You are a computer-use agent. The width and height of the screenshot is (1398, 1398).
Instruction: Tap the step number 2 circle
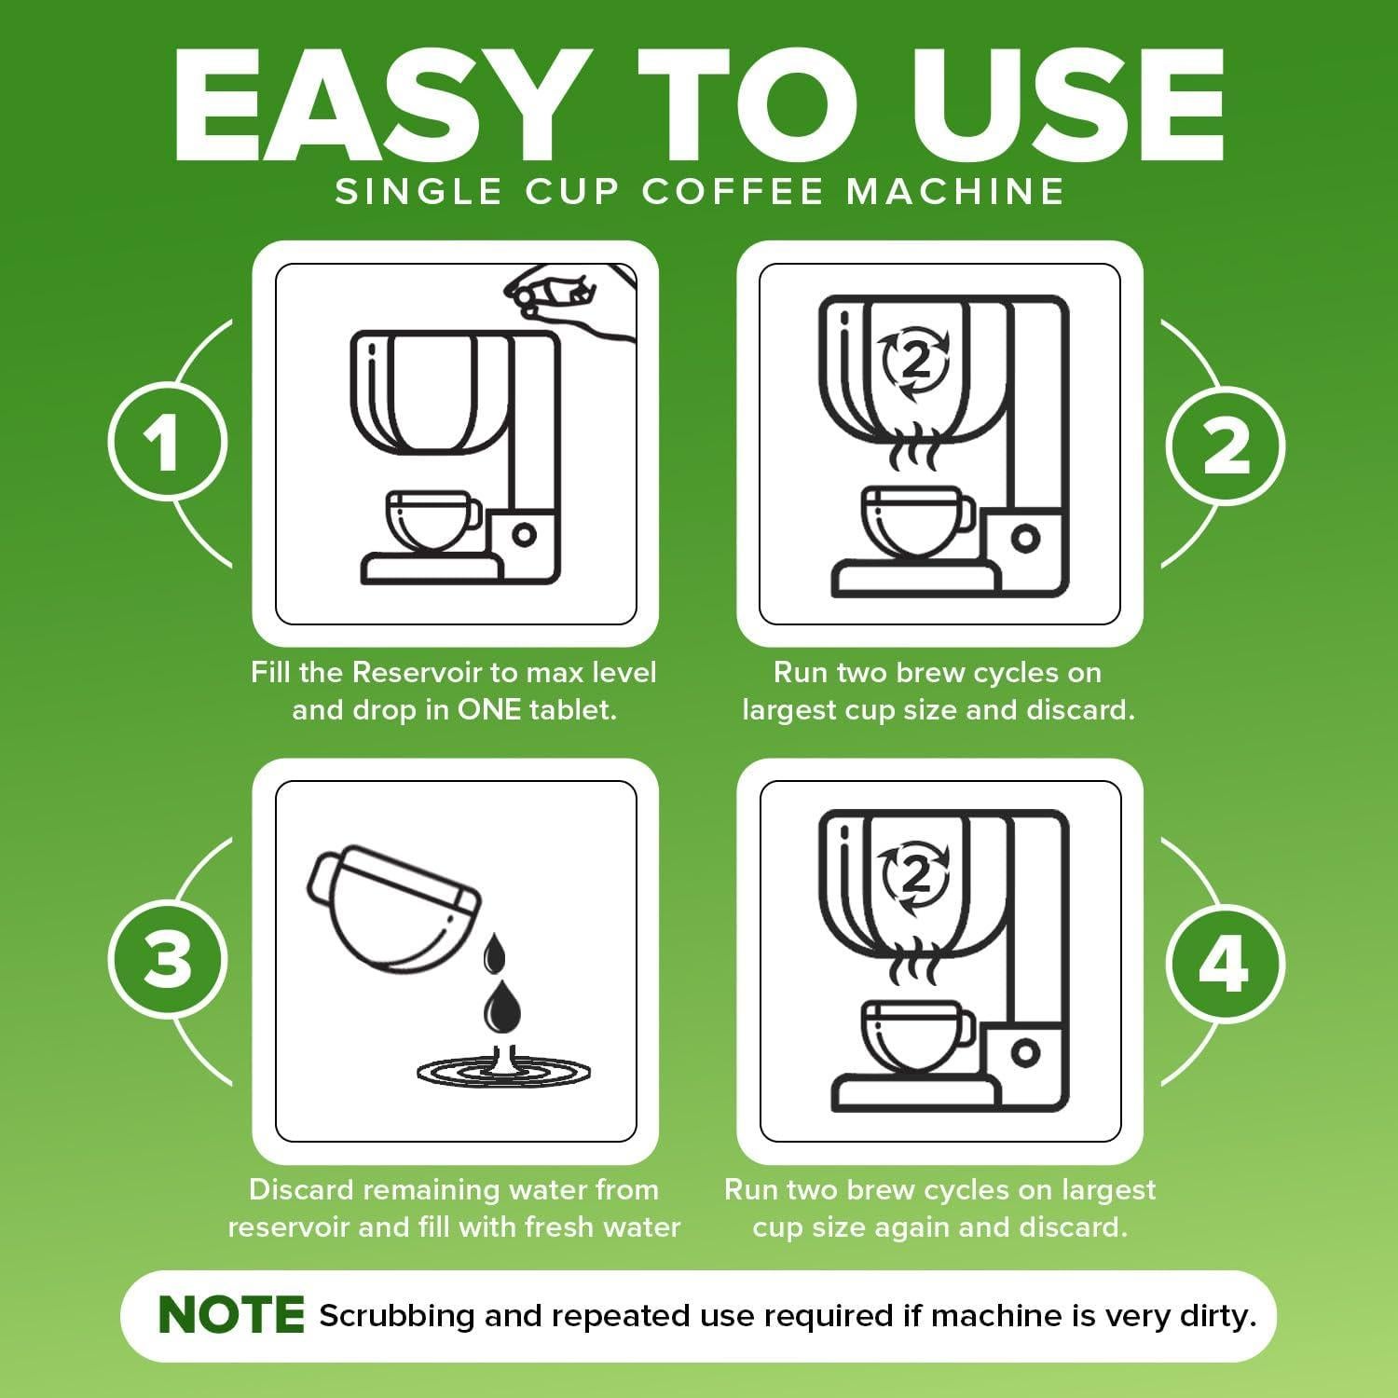click(x=1225, y=445)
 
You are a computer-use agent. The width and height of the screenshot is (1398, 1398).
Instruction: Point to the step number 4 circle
click(x=1225, y=962)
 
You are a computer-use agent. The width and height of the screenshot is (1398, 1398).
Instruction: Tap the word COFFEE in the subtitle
click(x=733, y=191)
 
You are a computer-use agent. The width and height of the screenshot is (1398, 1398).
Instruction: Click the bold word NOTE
click(x=231, y=1315)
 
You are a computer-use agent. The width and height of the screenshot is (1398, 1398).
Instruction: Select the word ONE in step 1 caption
click(x=488, y=710)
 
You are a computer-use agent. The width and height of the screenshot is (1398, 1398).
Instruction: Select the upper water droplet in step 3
click(x=495, y=954)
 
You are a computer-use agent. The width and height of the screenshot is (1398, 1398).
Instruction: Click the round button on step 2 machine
click(x=1024, y=538)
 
